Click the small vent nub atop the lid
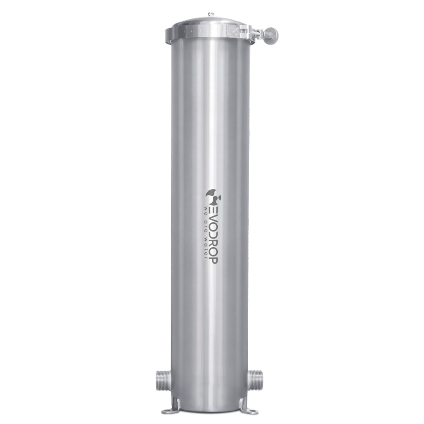point(210,15)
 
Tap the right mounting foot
point(248,407)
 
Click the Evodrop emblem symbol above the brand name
point(213,197)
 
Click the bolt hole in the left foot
point(167,410)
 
